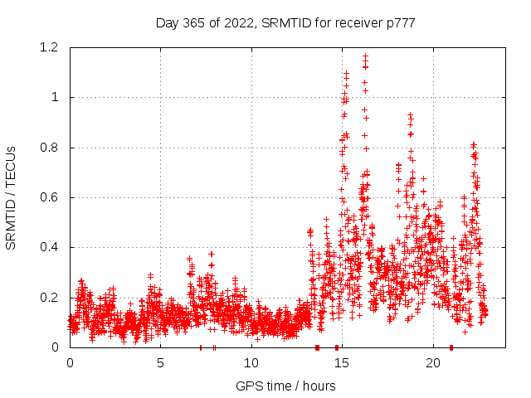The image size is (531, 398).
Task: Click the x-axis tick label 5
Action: [160, 363]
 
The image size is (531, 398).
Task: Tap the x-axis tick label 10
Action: [251, 363]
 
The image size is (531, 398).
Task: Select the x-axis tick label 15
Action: [342, 363]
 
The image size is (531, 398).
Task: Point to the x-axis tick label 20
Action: [433, 363]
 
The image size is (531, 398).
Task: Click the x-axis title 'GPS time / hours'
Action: [285, 386]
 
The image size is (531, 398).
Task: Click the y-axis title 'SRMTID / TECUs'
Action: [11, 198]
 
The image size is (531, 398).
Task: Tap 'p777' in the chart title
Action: [402, 22]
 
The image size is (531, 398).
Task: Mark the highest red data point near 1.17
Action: [365, 56]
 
